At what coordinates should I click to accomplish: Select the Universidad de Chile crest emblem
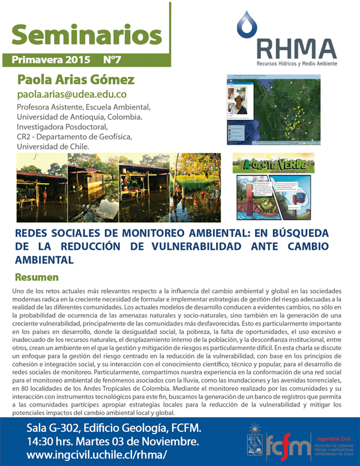tap(254, 443)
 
